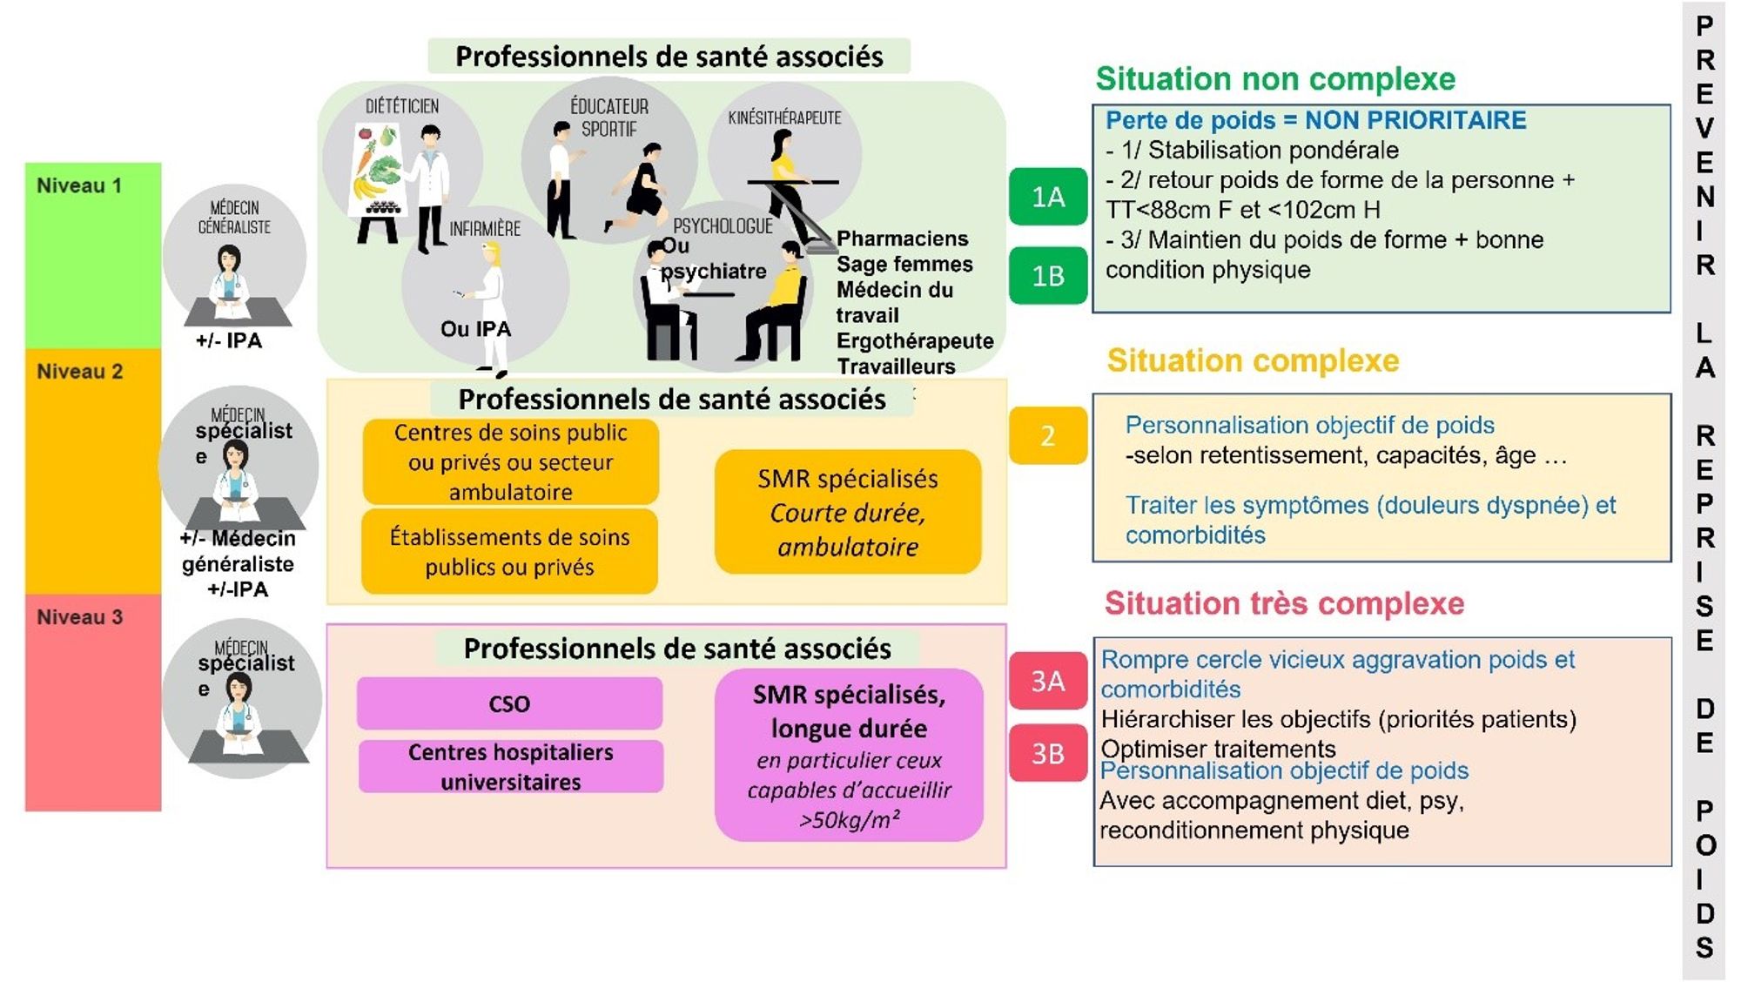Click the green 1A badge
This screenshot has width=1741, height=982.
click(1048, 197)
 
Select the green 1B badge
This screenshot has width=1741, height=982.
click(1048, 276)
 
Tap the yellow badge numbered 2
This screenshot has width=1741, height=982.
click(1048, 435)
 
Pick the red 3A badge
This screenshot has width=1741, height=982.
click(1048, 681)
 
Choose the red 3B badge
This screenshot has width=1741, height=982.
click(1048, 753)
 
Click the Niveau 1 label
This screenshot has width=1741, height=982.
click(79, 185)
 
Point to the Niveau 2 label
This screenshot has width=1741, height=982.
click(79, 371)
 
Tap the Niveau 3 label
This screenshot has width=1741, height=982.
click(79, 617)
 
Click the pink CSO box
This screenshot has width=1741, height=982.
click(509, 703)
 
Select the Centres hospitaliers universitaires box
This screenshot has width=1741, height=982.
click(511, 766)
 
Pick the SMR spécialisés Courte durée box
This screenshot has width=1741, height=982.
click(848, 512)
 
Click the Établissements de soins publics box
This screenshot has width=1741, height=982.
click(509, 552)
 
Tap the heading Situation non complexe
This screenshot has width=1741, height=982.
click(1275, 79)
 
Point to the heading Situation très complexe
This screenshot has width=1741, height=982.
click(1284, 603)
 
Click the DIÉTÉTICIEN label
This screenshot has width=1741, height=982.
click(401, 106)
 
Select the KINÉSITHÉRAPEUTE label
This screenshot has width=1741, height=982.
click(784, 118)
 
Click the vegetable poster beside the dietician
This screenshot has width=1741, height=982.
click(378, 170)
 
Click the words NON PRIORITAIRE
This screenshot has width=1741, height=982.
click(1415, 120)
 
